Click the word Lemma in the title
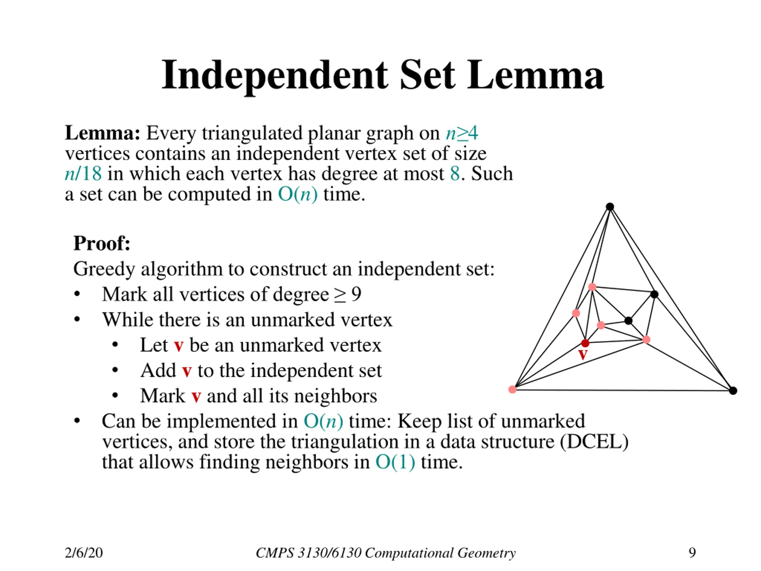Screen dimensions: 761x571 [535, 75]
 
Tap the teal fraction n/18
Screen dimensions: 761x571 [83, 173]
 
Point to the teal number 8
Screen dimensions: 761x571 [455, 173]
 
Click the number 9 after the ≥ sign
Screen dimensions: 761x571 [356, 294]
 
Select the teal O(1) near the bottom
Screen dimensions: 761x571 [395, 462]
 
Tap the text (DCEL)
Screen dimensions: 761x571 [594, 442]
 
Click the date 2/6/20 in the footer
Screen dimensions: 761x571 [84, 553]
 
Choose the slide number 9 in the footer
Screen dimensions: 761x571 [692, 553]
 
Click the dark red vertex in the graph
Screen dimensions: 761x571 [585, 343]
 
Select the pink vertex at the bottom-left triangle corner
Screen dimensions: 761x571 [512, 389]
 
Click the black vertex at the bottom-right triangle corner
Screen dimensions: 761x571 [733, 391]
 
